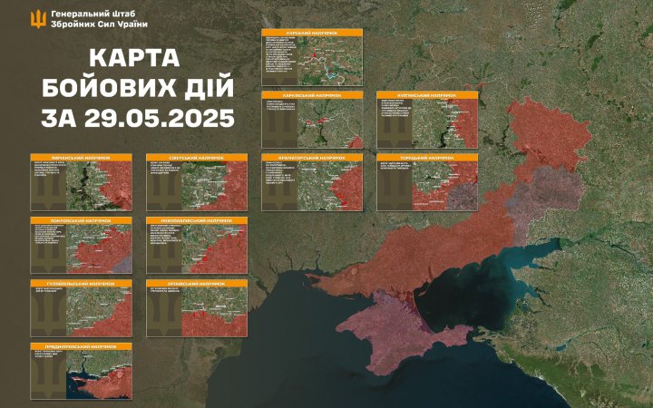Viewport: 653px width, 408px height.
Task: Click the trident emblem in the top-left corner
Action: [40, 18]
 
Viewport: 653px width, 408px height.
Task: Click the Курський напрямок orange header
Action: [313, 32]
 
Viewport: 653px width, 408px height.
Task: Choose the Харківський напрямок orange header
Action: [313, 94]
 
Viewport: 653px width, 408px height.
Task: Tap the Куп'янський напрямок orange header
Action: [427, 94]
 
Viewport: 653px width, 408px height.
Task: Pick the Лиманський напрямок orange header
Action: [82, 158]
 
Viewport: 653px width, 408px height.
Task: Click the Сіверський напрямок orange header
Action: [197, 158]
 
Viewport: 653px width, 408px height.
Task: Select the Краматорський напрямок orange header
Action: [313, 158]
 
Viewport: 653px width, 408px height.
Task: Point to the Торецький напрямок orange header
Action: [427, 158]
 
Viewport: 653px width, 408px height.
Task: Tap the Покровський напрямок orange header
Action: [82, 221]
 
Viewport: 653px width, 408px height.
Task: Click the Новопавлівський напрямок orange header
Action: [197, 221]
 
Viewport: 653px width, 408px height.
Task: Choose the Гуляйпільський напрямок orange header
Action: [82, 284]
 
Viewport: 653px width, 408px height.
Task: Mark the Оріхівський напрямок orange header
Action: [197, 284]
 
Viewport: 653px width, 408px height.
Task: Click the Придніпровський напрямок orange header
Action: [82, 347]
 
